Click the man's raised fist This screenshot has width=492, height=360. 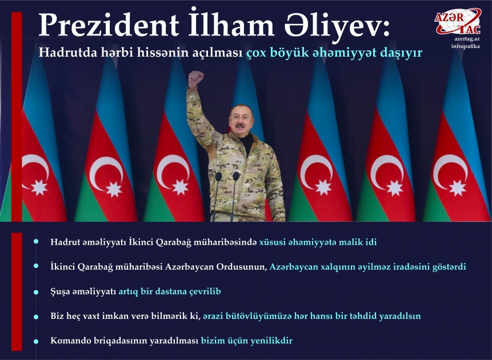tap(196, 78)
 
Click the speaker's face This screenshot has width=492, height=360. tap(243, 119)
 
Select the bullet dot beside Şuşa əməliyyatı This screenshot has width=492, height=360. tap(36, 291)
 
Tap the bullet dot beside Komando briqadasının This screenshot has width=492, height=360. tap(36, 341)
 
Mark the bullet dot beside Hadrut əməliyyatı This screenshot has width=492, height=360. tap(36, 242)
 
